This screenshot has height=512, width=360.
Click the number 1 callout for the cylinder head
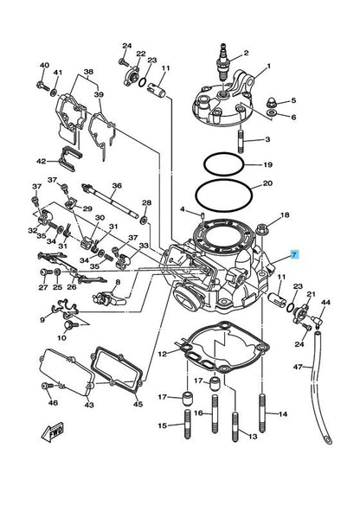pos(268,66)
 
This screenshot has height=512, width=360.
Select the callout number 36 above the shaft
pos(117,185)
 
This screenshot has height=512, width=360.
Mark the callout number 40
pos(44,66)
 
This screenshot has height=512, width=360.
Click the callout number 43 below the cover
pos(89,405)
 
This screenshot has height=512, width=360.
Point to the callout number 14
pos(282,416)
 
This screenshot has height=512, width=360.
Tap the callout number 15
pos(162,426)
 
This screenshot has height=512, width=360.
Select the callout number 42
pos(41,161)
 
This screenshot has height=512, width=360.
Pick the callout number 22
pos(141,54)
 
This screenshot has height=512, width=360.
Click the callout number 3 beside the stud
pos(267,139)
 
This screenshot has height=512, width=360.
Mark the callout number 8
pos(118,282)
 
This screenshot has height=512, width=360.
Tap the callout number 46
pos(53,404)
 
